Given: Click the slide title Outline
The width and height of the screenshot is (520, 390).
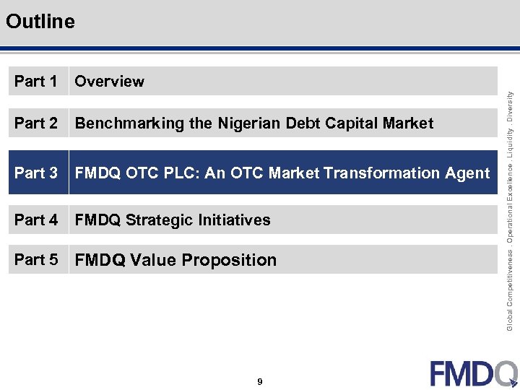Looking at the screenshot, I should tap(40, 22).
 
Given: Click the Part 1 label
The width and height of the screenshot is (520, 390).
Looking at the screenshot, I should tap(35, 82).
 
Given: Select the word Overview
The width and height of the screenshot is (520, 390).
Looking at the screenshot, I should tap(109, 82).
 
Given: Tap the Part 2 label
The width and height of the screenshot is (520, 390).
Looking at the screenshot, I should tap(35, 123).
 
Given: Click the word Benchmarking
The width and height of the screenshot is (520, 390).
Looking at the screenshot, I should tap(129, 123).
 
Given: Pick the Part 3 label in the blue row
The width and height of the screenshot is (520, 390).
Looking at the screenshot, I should tap(35, 173).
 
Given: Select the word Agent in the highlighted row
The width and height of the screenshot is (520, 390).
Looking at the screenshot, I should tap(468, 173).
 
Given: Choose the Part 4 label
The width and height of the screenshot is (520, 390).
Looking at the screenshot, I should tap(35, 220).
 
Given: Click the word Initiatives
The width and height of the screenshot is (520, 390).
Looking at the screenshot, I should tap(235, 220).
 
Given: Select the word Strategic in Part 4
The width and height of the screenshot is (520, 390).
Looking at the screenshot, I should tap(160, 220).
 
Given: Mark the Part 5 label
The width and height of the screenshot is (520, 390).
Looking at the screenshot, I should tap(35, 260).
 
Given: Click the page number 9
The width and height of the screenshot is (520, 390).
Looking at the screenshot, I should tap(259, 382).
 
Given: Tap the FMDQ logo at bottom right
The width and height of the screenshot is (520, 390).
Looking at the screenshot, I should tap(474, 373).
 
